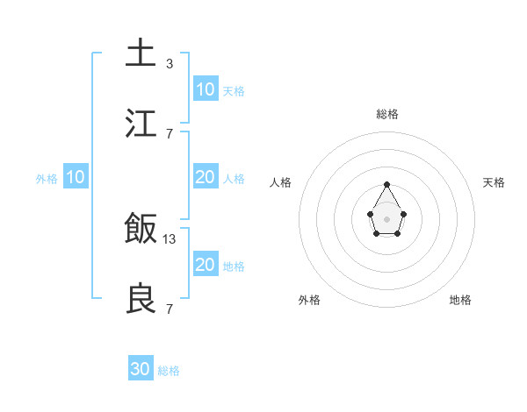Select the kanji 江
141,124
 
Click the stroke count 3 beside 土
169,64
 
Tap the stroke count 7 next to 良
169,309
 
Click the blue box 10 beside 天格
206,89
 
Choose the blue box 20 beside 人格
206,177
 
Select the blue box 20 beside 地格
206,265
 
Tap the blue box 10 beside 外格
76,177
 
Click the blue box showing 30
141,369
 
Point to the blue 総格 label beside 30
169,371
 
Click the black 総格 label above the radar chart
386,114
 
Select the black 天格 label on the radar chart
494,182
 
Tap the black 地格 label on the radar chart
460,300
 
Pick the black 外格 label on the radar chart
309,300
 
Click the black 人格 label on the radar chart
281,182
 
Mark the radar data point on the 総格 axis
386,184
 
